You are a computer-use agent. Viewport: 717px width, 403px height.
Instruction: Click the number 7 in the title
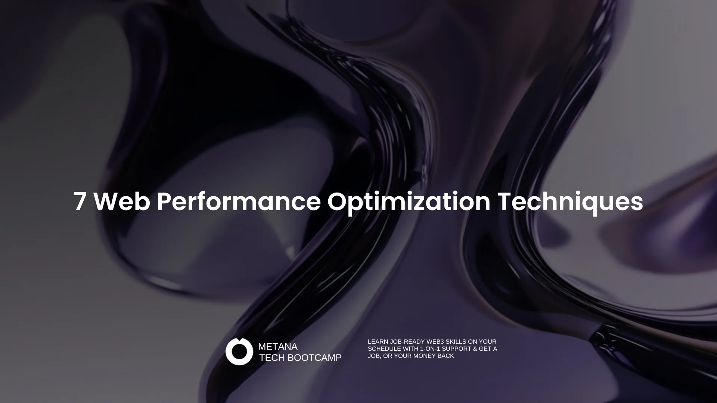[80, 201]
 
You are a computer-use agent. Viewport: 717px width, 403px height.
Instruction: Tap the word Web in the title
[122, 201]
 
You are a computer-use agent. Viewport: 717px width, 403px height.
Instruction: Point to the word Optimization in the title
[409, 203]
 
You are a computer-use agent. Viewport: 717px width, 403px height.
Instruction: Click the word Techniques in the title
[570, 203]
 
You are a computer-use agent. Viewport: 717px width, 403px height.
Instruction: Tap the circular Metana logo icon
[239, 352]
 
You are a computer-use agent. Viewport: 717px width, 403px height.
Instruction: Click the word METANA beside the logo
[278, 347]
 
